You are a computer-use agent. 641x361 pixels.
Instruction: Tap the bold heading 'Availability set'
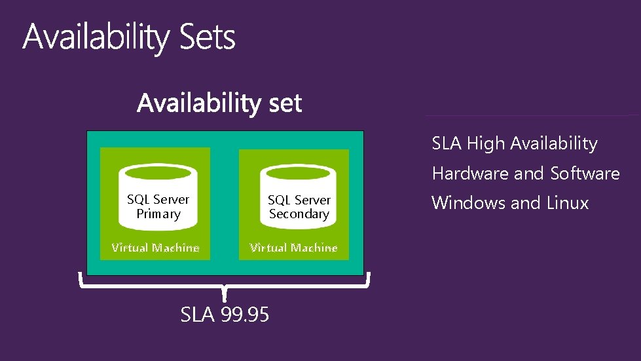click(x=219, y=103)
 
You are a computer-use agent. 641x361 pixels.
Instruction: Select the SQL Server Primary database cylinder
click(x=158, y=197)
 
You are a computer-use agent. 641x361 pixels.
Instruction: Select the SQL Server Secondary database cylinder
click(x=299, y=197)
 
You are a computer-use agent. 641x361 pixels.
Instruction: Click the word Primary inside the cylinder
click(x=158, y=214)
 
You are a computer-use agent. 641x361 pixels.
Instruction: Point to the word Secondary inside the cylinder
click(x=299, y=214)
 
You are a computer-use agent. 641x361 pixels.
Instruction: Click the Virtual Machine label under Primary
click(x=155, y=248)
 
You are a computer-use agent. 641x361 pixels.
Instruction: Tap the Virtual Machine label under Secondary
click(x=294, y=248)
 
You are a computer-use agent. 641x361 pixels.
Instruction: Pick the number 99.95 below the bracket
click(x=245, y=315)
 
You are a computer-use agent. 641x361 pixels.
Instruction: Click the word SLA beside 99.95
click(x=197, y=315)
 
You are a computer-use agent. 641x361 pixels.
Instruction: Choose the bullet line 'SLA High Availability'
click(x=514, y=143)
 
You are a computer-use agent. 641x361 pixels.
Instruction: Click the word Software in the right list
click(x=585, y=174)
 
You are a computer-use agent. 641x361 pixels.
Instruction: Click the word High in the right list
click(x=486, y=143)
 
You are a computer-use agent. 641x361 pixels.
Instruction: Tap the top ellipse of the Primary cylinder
click(x=158, y=174)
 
